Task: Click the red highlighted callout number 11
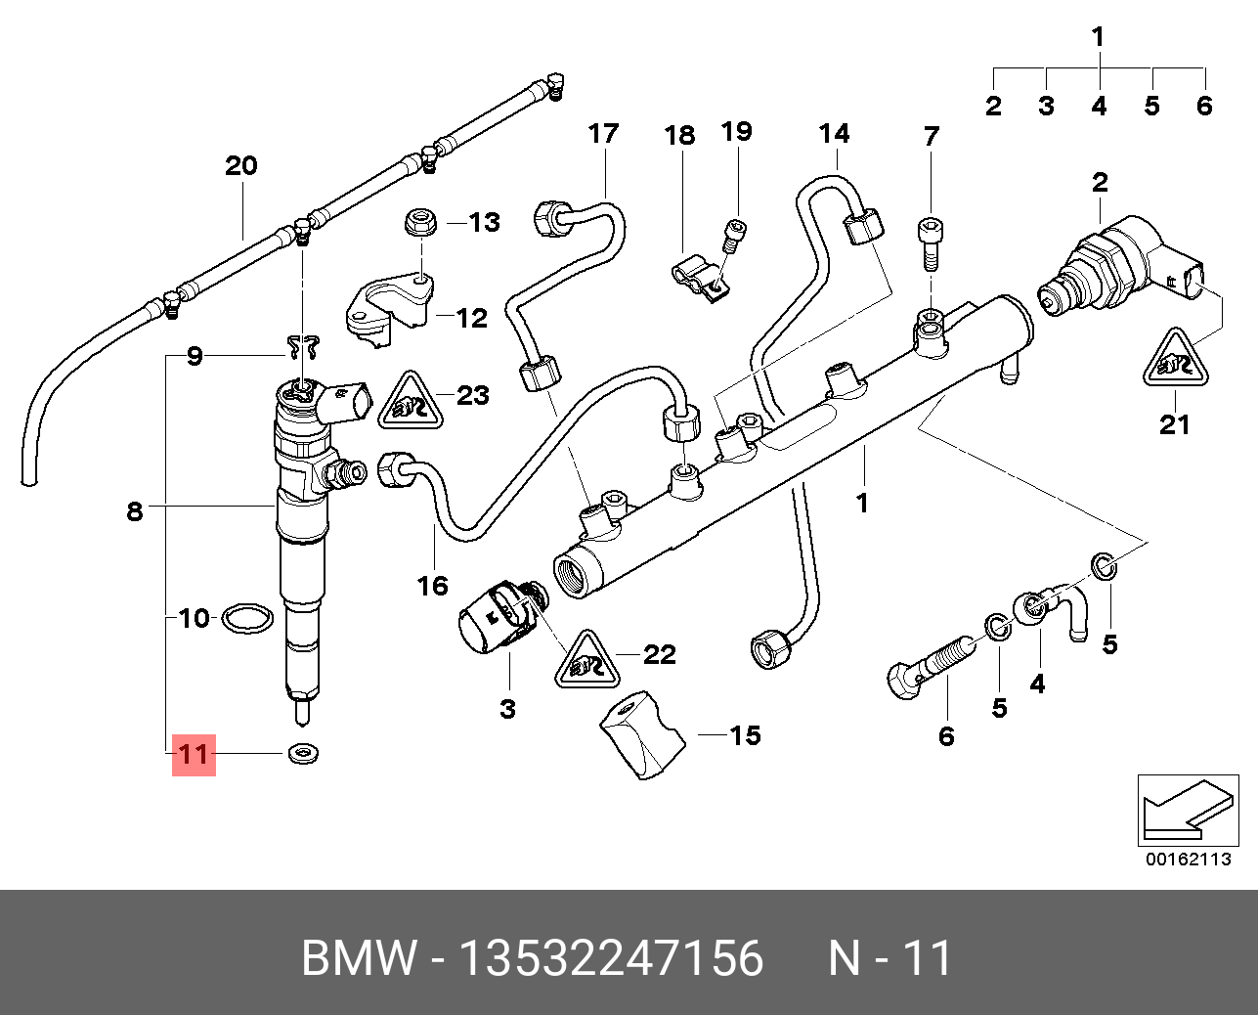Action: pos(194,754)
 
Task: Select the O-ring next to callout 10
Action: pos(245,618)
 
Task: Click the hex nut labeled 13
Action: pos(421,222)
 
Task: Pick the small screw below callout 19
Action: pos(733,236)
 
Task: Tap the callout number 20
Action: pos(241,165)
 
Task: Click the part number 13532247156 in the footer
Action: pos(611,957)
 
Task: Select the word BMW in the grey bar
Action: pos(359,957)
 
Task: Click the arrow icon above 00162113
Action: pos(1183,810)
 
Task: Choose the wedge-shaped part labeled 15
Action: pos(639,734)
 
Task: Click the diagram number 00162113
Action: pos(1189,860)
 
